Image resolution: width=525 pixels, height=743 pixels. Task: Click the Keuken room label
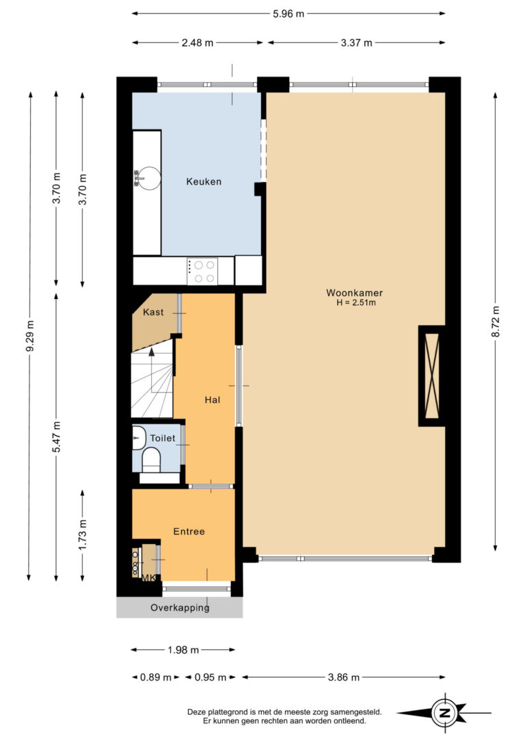(x=204, y=181)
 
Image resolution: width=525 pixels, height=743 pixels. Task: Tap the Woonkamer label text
(x=355, y=293)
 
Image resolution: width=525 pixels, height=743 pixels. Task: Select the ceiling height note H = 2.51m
(x=356, y=303)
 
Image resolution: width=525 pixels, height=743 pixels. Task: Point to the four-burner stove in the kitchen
(x=202, y=272)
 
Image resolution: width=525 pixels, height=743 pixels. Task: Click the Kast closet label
(x=153, y=312)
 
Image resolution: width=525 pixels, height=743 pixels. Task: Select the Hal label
(x=213, y=400)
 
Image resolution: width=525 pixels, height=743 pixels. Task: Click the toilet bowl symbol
(x=152, y=460)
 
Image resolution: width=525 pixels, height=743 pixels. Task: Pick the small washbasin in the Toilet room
(x=139, y=437)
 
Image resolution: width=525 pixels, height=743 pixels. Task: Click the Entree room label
(x=189, y=532)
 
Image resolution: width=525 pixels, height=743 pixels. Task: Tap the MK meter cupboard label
(x=149, y=577)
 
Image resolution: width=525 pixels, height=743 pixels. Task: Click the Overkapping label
(x=180, y=608)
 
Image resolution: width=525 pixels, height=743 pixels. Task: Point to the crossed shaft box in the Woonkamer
(x=432, y=376)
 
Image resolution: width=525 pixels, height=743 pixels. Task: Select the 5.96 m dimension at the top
(x=288, y=14)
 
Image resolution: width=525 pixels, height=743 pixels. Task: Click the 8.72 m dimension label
(x=495, y=322)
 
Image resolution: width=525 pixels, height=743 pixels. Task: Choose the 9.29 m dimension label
(x=30, y=337)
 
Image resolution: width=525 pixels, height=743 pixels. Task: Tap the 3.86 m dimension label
(x=344, y=677)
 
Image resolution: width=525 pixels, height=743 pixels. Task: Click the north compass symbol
(x=444, y=713)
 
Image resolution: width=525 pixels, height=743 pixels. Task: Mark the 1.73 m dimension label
(x=82, y=535)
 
